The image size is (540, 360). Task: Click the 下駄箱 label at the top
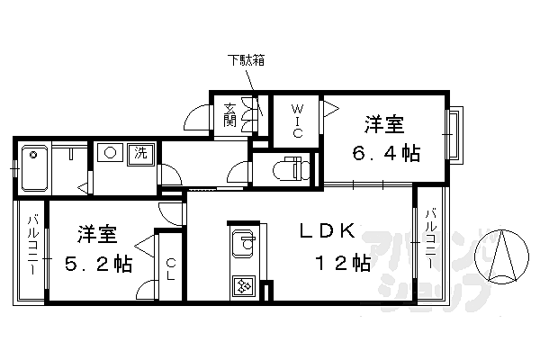pos(246,60)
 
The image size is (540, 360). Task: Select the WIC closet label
pos(298,121)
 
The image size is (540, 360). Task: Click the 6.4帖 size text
pos(386,153)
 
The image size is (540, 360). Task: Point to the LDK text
pos(327,230)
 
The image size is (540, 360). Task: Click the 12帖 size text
pos(343,263)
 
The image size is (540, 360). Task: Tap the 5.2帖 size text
pos(98,264)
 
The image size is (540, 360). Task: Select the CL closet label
pos(171,269)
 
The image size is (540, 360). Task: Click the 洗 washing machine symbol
pos(140,153)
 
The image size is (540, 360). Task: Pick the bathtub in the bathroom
pos(34,168)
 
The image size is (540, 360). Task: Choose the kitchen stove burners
pos(244,285)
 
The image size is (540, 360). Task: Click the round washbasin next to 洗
pos(110,152)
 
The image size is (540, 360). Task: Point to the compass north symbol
pos(501,256)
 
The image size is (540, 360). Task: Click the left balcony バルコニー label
pos(33,244)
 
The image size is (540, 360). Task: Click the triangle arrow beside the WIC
pos(331,109)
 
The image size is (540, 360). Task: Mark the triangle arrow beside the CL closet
pos(145,246)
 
